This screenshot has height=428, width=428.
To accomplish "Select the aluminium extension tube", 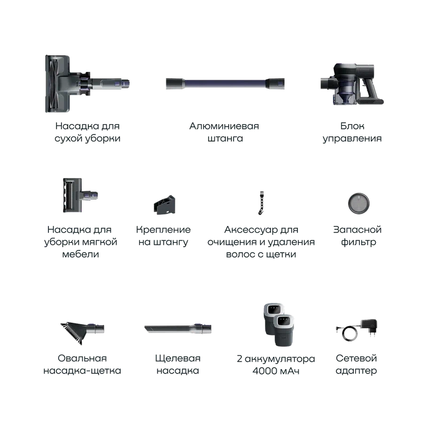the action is (225, 83).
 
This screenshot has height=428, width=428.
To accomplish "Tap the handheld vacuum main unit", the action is (352, 84).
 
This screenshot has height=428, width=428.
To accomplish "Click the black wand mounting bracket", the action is (164, 205).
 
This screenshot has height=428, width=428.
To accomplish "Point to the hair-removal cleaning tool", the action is (262, 203).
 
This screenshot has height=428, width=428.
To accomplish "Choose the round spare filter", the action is (358, 203).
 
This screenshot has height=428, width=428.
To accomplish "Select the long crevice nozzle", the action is (178, 328).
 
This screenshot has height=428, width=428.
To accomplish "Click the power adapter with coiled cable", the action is (357, 330).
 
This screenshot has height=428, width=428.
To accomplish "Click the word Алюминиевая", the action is (224, 126).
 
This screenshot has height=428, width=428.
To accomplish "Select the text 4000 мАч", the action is (276, 371).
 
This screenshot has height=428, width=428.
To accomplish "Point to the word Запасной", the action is (358, 230).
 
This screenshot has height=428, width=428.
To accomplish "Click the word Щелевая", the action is (178, 358).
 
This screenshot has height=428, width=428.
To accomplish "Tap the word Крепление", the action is (163, 230).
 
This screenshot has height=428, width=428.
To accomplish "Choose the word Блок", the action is (352, 126).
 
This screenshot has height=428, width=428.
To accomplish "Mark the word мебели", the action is (80, 254).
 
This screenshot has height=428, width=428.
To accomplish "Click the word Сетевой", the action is (356, 358).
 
